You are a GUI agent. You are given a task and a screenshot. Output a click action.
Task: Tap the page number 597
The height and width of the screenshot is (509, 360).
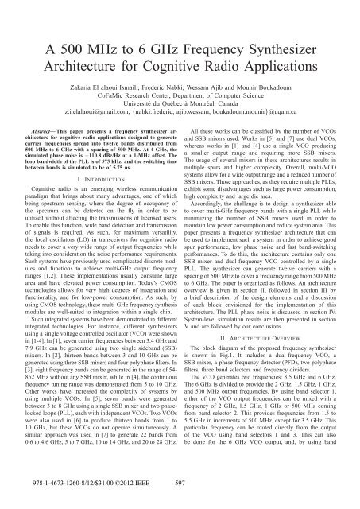pyautogui.click(x=180, y=502)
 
